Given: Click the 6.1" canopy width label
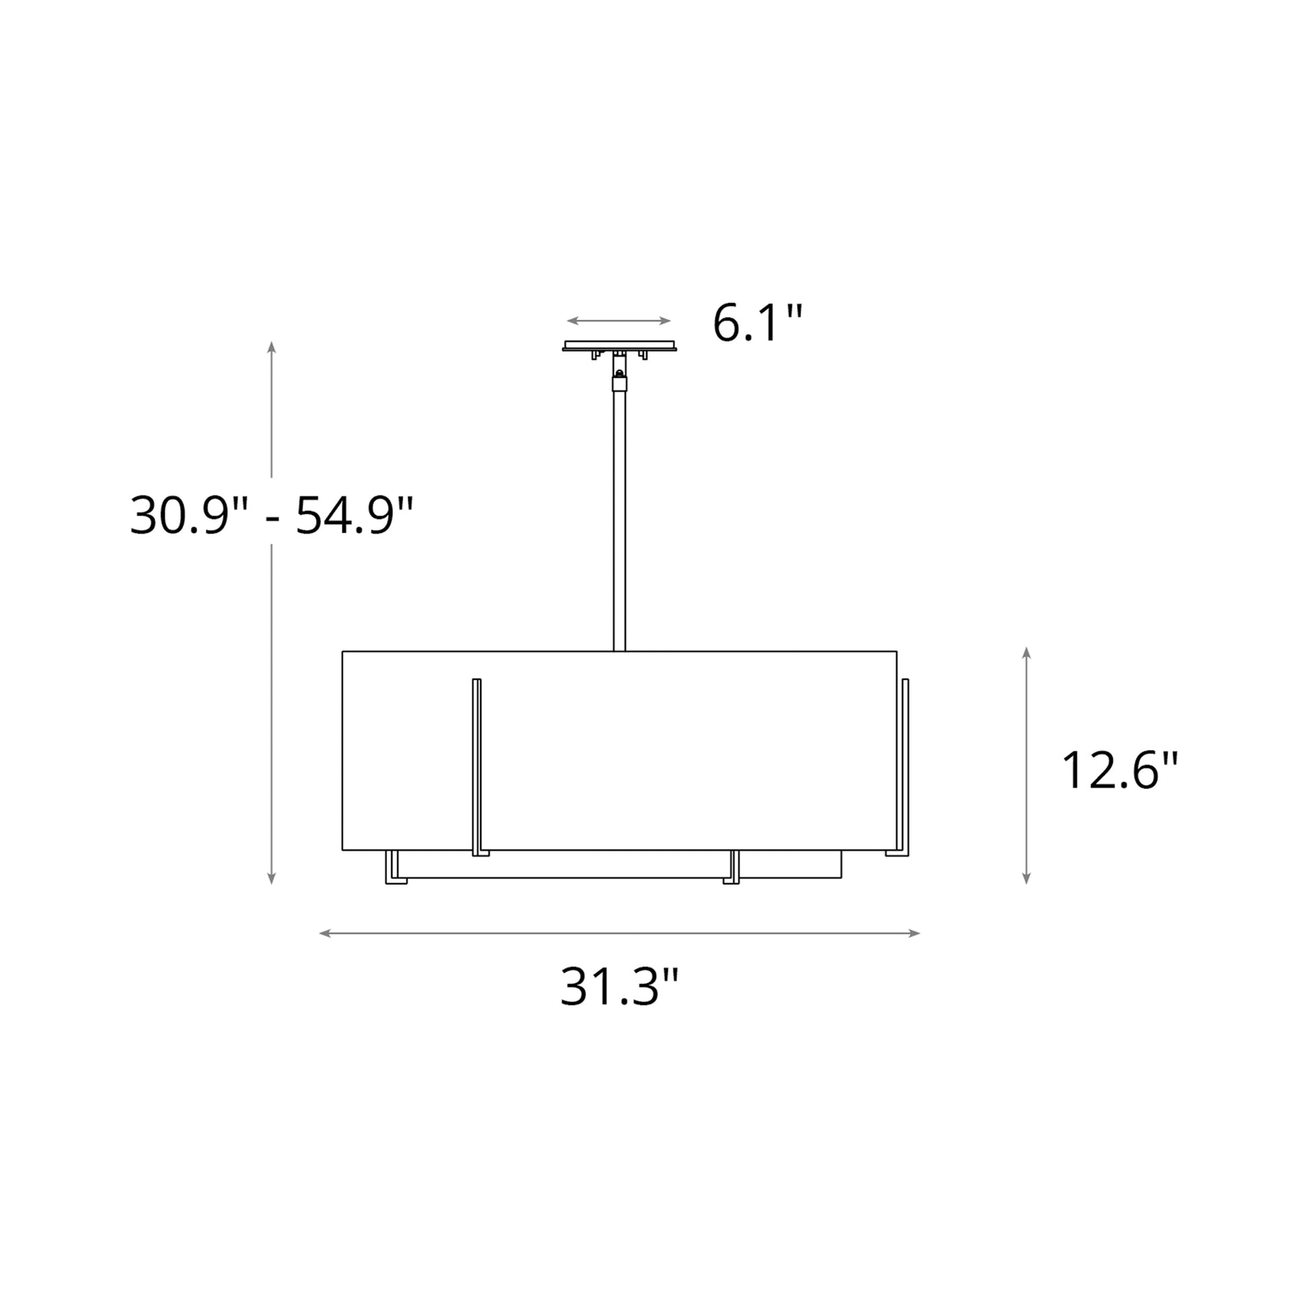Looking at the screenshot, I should coord(757,324).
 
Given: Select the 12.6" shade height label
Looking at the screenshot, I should coord(1120,771).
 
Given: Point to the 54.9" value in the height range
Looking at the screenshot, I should coord(354,517).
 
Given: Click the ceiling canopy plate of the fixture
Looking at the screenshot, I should coord(619,346).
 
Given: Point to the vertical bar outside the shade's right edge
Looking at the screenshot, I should coord(905,765).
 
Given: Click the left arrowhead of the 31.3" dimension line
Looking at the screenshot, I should coord(323,934).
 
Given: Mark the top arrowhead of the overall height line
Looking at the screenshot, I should coord(272,347).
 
